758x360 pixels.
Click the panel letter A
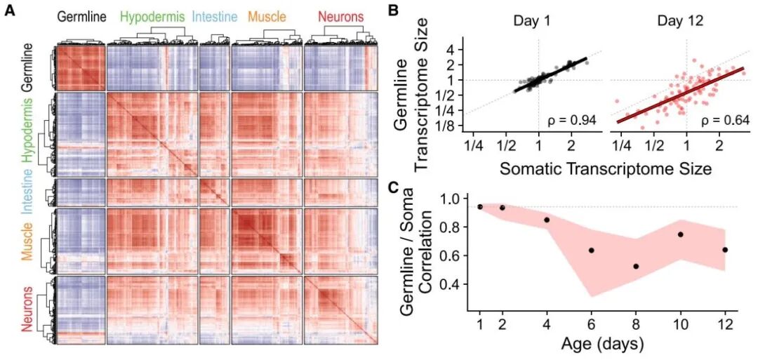pyautogui.click(x=10, y=10)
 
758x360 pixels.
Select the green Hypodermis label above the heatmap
pyautogui.click(x=153, y=18)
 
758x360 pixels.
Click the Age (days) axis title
pyautogui.click(x=601, y=345)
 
